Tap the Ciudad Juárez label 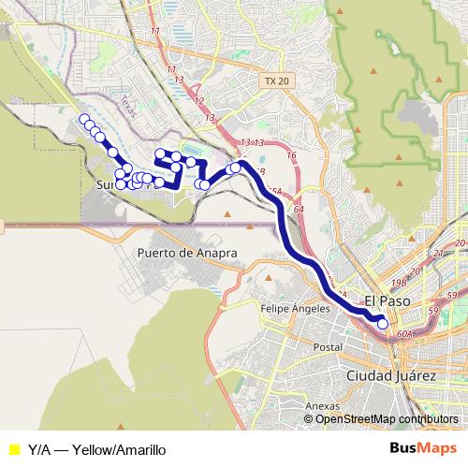pyautogui.click(x=390, y=375)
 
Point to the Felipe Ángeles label pyautogui.click(x=300, y=308)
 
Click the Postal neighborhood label pyautogui.click(x=328, y=347)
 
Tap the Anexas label pyautogui.click(x=321, y=406)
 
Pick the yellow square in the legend pyautogui.click(x=13, y=449)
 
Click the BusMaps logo pyautogui.click(x=422, y=449)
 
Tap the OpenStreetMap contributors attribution pyautogui.click(x=386, y=419)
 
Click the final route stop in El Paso pyautogui.click(x=382, y=324)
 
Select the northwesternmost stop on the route pyautogui.click(x=84, y=119)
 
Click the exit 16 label pyautogui.click(x=291, y=155)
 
